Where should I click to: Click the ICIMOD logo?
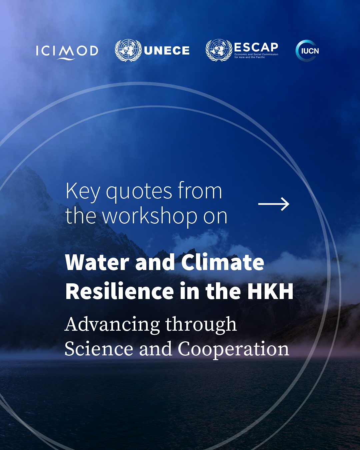(x=67, y=51)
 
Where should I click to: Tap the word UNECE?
(x=167, y=51)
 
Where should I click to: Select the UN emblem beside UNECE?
(x=128, y=50)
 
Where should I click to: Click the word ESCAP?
(x=256, y=47)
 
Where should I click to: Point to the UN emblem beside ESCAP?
(x=219, y=50)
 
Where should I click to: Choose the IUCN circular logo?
(x=307, y=51)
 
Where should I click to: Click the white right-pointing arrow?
(x=274, y=204)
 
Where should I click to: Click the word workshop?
(x=150, y=216)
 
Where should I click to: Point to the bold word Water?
(x=97, y=262)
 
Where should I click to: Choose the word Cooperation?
(x=233, y=349)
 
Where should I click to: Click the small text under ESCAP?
(x=256, y=56)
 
